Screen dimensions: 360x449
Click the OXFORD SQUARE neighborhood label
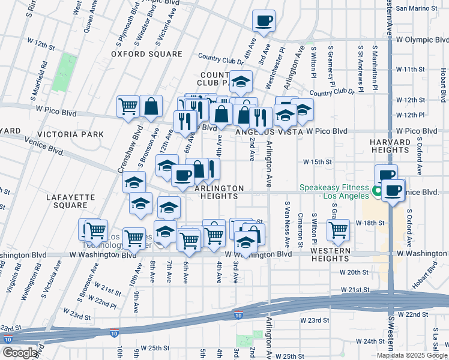click(146, 54)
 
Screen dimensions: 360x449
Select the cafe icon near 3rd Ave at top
click(264, 22)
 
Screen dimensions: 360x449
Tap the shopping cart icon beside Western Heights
click(339, 230)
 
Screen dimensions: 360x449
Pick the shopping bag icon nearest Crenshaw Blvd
click(151, 106)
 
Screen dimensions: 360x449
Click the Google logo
click(20, 353)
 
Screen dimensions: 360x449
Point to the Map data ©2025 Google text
click(412, 355)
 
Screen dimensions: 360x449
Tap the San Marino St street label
click(418, 8)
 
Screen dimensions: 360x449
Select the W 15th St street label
click(318, 162)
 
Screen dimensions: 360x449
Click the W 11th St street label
click(409, 70)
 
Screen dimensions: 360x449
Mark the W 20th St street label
click(357, 272)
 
